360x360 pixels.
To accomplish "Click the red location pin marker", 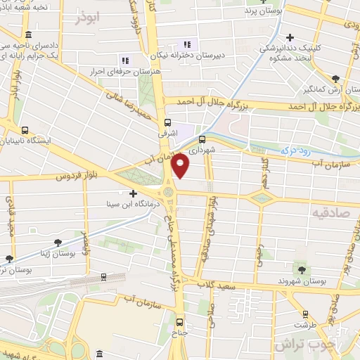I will [181, 165].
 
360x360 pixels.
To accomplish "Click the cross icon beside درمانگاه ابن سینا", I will [133, 192].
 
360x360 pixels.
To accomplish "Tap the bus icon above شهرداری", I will [202, 139].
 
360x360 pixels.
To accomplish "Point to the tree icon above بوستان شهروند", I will [302, 269].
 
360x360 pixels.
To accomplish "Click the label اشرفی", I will [186, 132].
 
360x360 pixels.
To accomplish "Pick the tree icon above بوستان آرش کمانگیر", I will [336, 79].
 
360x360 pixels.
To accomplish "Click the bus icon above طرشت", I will [304, 314].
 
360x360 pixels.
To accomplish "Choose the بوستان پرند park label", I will [260, 11].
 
